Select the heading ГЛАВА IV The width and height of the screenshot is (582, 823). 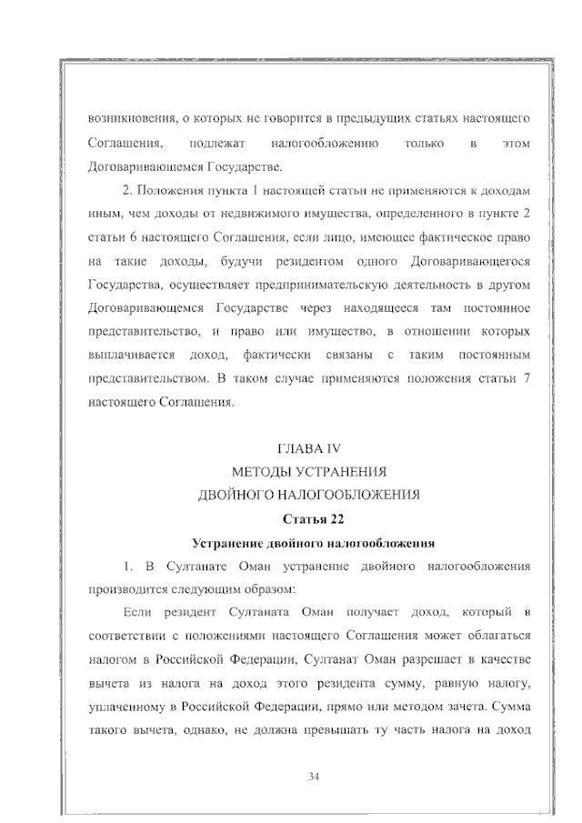pyautogui.click(x=309, y=448)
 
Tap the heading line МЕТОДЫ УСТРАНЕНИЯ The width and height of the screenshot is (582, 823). pyautogui.click(x=309, y=472)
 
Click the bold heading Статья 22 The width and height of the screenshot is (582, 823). pyautogui.click(x=309, y=519)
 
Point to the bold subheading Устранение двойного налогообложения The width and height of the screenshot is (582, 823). pyautogui.click(x=309, y=543)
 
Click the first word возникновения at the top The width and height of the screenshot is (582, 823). pyautogui.click(x=126, y=119)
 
